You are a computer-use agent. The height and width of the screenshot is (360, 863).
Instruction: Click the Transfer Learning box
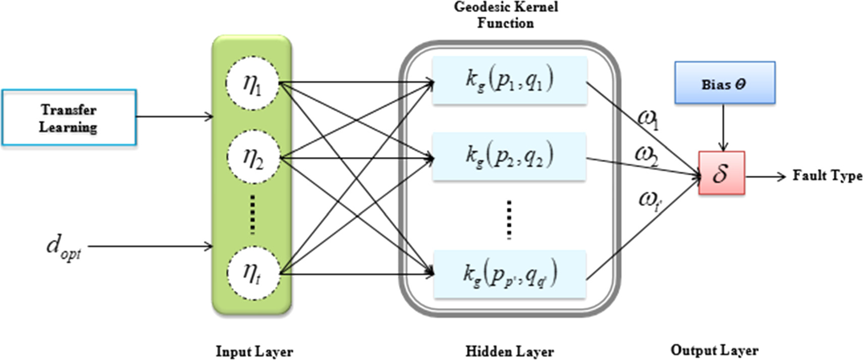point(69,118)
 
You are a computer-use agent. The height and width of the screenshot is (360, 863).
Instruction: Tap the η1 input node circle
point(252,83)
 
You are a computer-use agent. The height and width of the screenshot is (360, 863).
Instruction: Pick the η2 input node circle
point(252,159)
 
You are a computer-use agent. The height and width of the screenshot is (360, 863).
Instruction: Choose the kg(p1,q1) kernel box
point(509,80)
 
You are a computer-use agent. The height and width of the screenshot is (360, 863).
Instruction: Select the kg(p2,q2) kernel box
point(509,157)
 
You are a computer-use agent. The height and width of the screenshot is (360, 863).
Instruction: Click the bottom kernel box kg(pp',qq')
point(509,274)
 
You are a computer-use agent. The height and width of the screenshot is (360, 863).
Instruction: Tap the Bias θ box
point(725,83)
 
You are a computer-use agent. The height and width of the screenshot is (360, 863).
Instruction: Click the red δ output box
point(721,173)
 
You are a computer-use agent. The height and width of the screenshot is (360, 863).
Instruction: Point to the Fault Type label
point(827,176)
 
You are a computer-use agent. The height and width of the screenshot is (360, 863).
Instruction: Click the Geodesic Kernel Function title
point(506,15)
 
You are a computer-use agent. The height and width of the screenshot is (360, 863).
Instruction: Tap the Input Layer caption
point(254,351)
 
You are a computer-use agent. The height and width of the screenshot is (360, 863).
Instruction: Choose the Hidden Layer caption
point(509,351)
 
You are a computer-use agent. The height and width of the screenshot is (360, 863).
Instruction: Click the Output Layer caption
point(714,350)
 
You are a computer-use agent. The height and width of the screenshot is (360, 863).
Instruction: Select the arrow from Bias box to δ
point(724,127)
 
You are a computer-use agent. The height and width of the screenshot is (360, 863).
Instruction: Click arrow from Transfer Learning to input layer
point(174,117)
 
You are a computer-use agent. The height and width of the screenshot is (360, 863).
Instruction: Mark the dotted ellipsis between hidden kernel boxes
point(509,219)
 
